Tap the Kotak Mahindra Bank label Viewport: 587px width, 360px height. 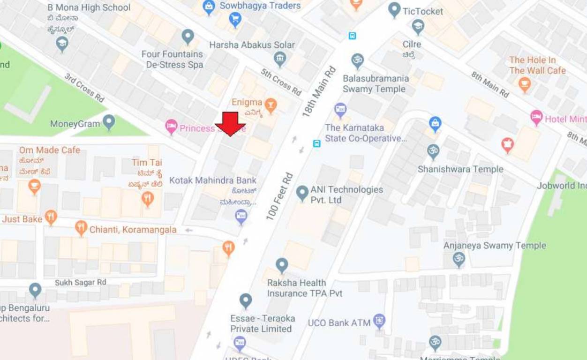pos(213,180)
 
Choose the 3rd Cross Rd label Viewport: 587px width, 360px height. pos(84,87)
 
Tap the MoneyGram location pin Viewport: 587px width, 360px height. pos(109,122)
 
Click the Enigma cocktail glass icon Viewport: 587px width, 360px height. pos(270,103)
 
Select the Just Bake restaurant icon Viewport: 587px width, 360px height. pos(51,217)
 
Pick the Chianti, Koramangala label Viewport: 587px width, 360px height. pos(133,230)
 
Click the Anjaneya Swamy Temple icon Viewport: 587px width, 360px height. pos(459,258)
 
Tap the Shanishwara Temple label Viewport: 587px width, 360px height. pos(460,169)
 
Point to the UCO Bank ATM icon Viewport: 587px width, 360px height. pos(379,321)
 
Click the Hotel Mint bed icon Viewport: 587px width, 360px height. pos(536,117)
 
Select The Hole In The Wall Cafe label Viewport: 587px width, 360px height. pos(537,65)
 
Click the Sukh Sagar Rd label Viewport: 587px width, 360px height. pos(81,283)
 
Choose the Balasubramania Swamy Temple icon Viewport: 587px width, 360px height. pos(358,60)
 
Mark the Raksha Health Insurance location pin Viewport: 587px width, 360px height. pos(282,265)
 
